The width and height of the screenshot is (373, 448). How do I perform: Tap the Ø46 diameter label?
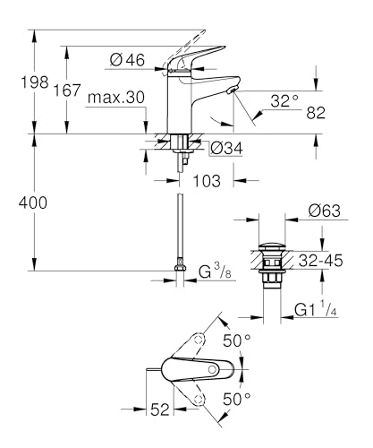[128, 61]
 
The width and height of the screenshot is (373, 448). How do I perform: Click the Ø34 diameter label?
[225, 149]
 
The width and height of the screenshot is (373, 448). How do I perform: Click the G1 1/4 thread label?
[314, 310]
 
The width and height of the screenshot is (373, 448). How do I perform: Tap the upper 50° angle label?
[235, 342]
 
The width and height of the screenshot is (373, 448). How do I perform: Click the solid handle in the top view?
[192, 369]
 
